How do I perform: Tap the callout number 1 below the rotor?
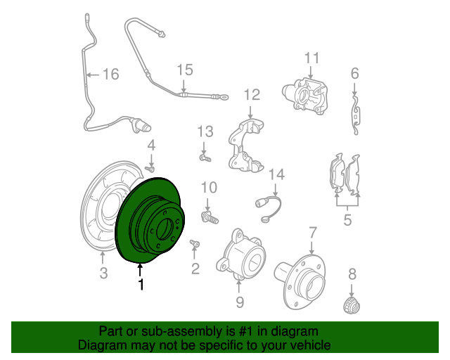141,284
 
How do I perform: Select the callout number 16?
111,74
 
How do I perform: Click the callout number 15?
185,70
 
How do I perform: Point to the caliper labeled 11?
305,95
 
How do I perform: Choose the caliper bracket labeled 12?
246,146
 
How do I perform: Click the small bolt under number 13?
205,157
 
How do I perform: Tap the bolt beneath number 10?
210,217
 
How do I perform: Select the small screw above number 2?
195,243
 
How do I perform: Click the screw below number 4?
150,169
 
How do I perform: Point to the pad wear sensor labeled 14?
269,207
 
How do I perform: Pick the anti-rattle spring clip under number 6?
356,115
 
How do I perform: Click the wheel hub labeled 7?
300,282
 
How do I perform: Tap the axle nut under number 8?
352,305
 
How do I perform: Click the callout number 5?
347,220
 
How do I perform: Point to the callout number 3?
103,272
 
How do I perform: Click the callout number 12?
252,95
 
